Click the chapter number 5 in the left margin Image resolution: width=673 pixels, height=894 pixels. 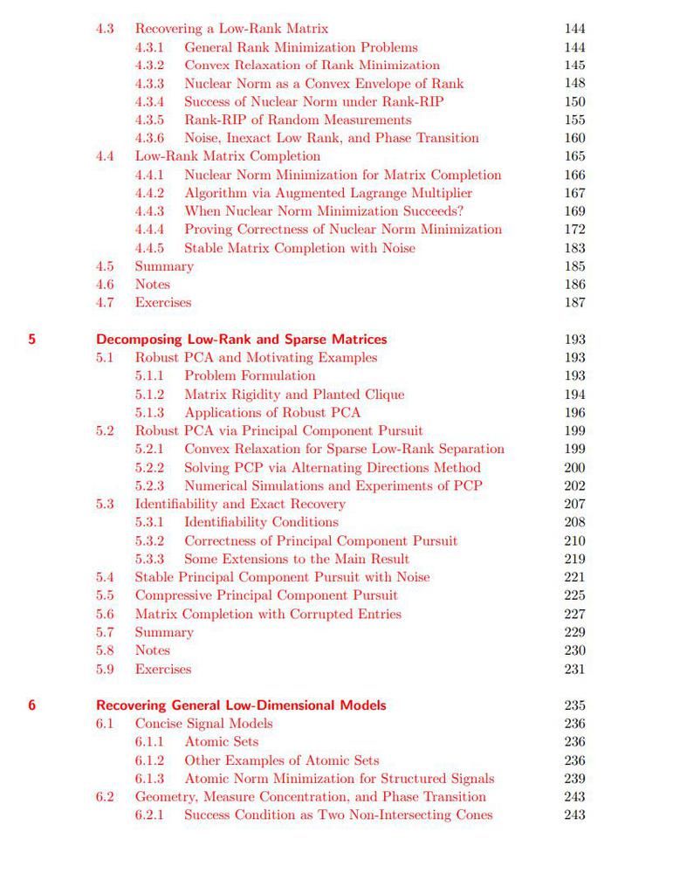coord(32,339)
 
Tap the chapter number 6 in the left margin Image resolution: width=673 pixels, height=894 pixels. coord(32,705)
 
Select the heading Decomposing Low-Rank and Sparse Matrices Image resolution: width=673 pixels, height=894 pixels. coord(241,339)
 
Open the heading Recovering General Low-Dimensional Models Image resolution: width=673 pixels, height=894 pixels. coord(241,705)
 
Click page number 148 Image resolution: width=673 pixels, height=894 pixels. coord(573,84)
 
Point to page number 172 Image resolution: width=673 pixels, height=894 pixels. coord(573,230)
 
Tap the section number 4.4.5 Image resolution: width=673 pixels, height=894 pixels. coord(149,248)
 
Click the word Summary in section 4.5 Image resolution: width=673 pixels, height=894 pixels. coord(164,266)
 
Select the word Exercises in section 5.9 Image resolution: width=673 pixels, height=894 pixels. coord(162,669)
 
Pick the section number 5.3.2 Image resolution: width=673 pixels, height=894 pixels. coord(149,540)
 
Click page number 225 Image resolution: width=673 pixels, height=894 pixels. coord(573,595)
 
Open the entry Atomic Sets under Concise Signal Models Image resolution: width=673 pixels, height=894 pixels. coord(221,741)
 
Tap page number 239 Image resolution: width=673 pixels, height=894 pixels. coord(573,778)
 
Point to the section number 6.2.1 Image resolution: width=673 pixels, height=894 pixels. coord(149,815)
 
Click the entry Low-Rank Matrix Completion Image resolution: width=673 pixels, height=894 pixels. coord(227,156)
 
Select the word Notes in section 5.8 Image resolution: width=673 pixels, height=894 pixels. coord(152,650)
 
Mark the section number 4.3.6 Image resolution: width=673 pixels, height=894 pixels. coord(149,138)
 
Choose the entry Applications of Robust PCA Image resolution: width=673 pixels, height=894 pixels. coord(271,412)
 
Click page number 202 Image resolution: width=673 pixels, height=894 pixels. coord(573,485)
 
